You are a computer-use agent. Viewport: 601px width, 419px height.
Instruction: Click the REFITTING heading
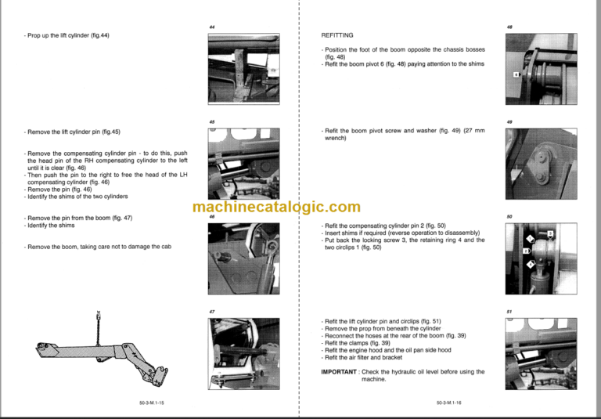pyautogui.click(x=337, y=35)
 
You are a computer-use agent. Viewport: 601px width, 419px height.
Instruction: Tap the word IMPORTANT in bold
pyautogui.click(x=340, y=371)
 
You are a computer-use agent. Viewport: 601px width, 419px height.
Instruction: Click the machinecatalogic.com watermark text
pyautogui.click(x=276, y=207)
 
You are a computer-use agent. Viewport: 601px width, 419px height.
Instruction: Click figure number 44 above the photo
pyautogui.click(x=211, y=27)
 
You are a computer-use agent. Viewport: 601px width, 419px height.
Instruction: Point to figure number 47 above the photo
pyautogui.click(x=211, y=312)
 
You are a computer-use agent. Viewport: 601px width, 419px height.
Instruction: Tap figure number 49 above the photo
pyautogui.click(x=509, y=122)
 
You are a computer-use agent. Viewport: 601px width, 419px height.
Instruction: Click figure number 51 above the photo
pyautogui.click(x=509, y=312)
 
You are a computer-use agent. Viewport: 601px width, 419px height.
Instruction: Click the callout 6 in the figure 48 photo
pyautogui.click(x=516, y=74)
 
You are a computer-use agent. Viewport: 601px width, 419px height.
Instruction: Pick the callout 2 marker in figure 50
pyautogui.click(x=526, y=251)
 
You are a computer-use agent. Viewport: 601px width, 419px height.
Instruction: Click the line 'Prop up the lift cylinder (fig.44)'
pyautogui.click(x=67, y=35)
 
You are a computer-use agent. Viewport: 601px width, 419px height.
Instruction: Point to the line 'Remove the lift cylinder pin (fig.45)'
pyautogui.click(x=73, y=132)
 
